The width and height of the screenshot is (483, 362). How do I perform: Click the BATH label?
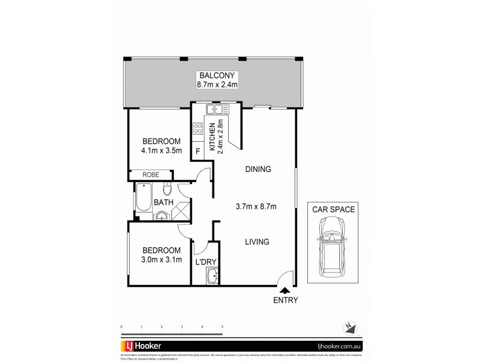pyautogui.click(x=163, y=202)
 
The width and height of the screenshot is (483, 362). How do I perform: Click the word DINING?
pyautogui.click(x=258, y=169)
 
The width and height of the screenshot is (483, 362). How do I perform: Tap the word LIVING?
pyautogui.click(x=257, y=242)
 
